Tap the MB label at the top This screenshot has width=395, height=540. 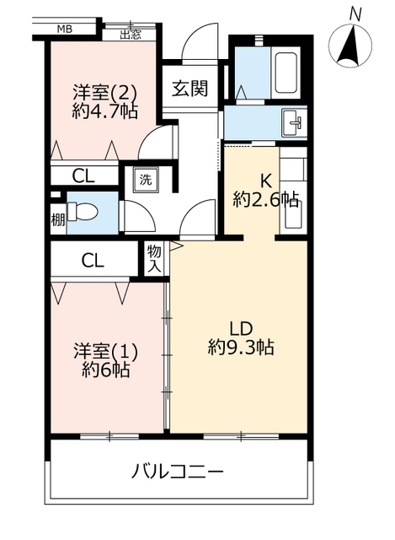tap(64, 30)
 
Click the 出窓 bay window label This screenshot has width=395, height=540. tap(131, 35)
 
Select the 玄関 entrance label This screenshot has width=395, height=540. tap(189, 88)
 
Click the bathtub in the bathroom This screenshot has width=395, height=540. tap(286, 73)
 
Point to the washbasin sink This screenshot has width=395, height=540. tap(293, 122)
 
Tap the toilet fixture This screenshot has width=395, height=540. tap(82, 212)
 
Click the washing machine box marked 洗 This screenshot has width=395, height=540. tap(146, 180)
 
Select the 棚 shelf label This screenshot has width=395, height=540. tap(58, 219)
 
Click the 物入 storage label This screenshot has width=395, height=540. tap(154, 259)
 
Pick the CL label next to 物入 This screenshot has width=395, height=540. tap(93, 261)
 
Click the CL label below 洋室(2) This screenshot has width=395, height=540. tap(83, 176)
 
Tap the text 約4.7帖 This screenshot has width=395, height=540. tap(104, 111)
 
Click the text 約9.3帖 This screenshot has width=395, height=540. tap(241, 347)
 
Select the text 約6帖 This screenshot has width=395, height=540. tap(106, 370)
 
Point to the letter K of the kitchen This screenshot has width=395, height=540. tap(265, 181)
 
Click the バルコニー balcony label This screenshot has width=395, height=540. tap(178, 472)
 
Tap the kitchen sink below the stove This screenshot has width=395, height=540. tap(293, 214)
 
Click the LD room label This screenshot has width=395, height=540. tap(241, 328)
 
